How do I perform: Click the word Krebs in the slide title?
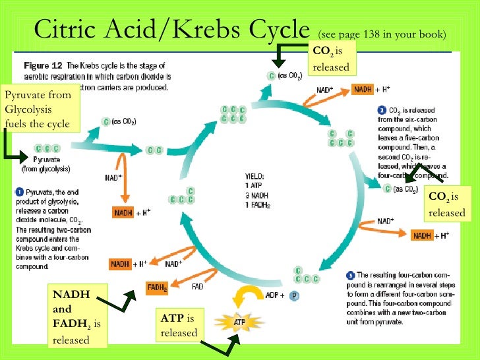210,29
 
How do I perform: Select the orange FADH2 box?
157,288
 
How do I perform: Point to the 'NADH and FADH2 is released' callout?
77,316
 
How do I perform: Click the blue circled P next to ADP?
294,295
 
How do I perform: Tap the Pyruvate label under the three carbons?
47,160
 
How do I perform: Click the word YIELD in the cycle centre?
253,177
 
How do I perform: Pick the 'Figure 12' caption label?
41,67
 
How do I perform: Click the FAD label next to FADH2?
197,287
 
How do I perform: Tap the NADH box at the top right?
363,90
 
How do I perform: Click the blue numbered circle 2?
382,109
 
